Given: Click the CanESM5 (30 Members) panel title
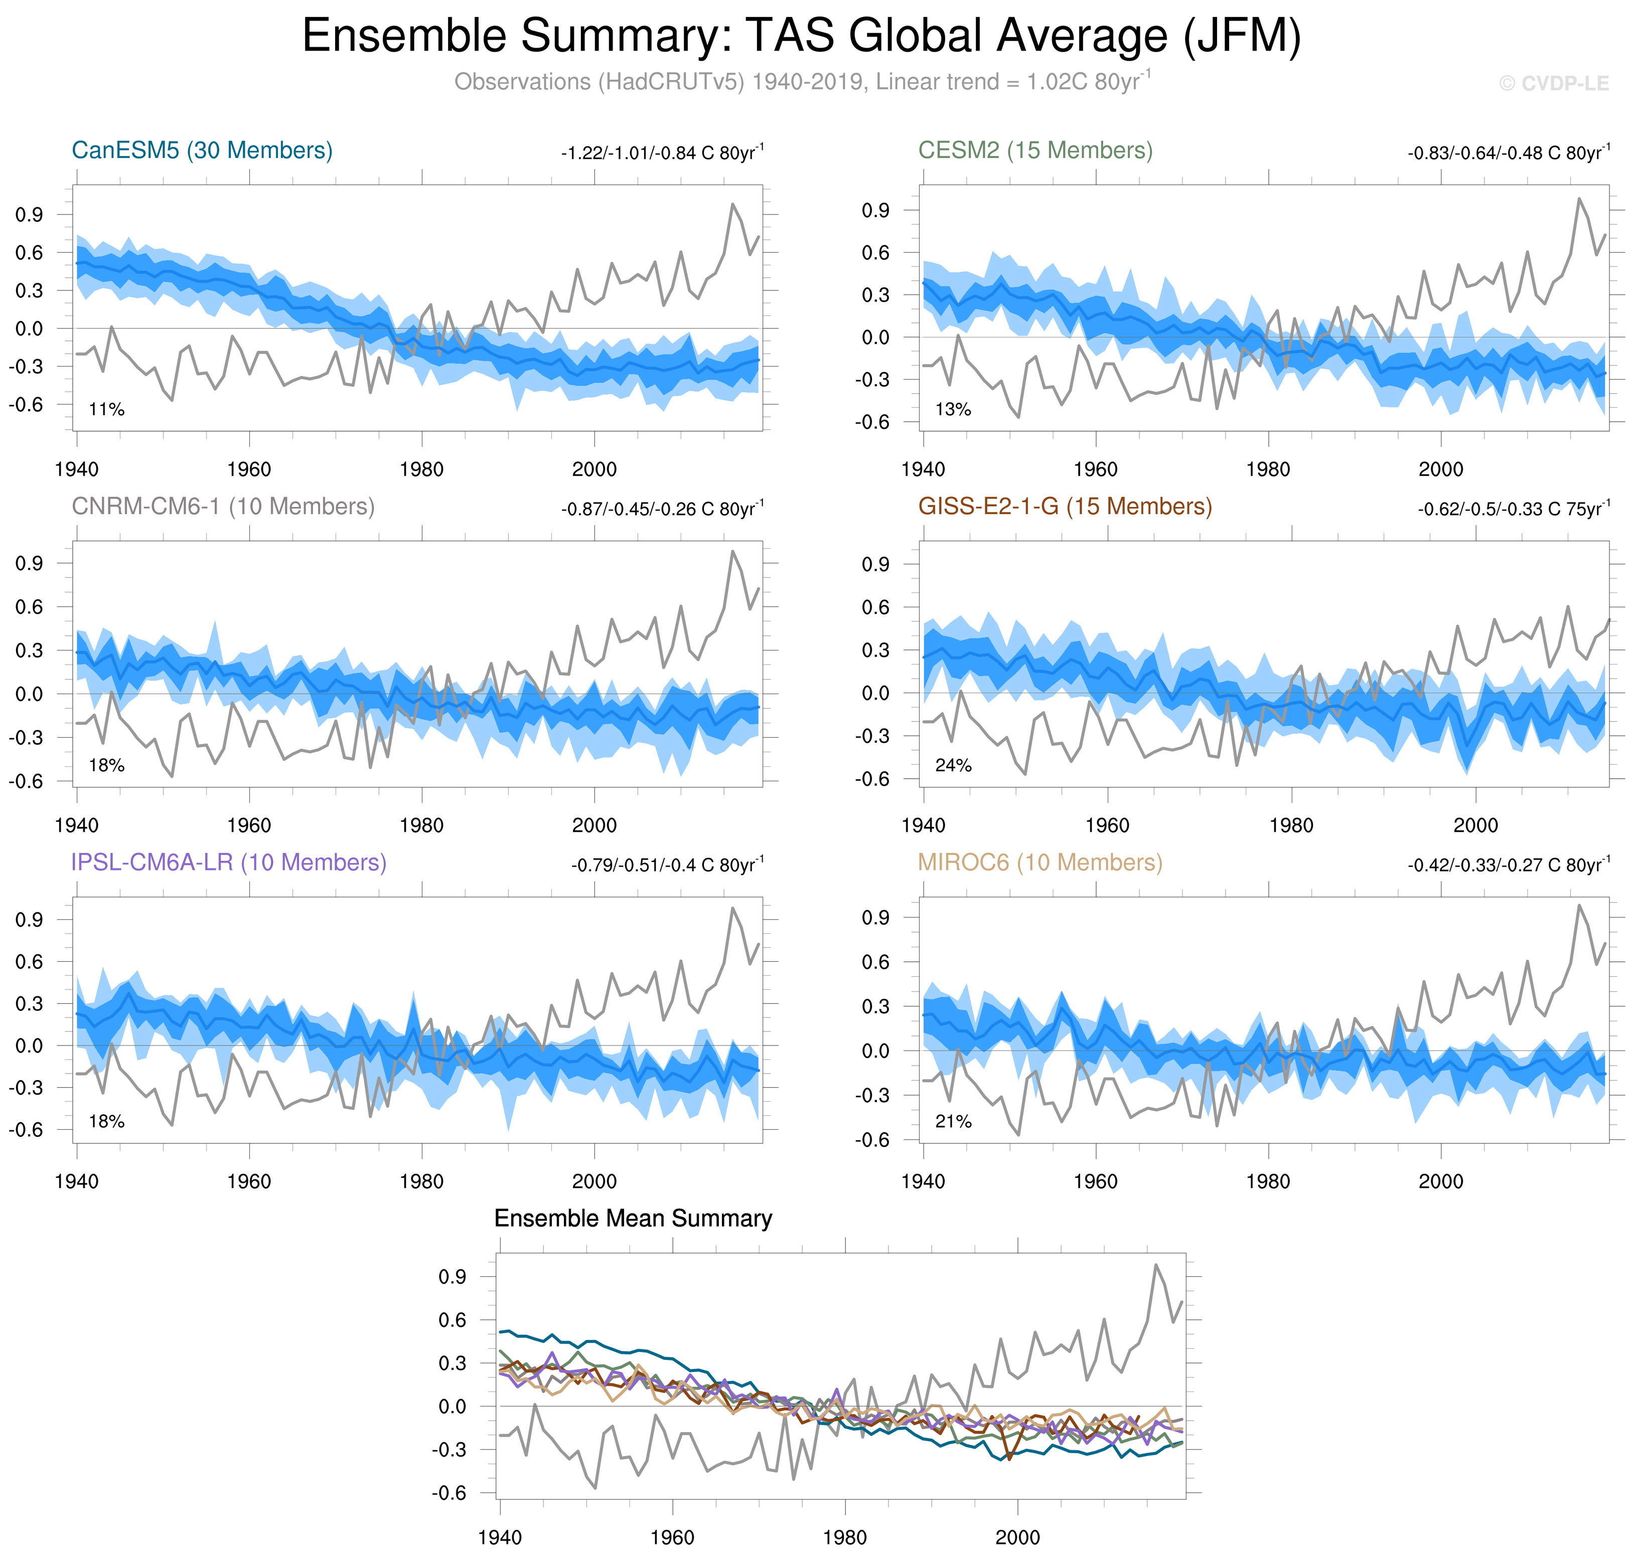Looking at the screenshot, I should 202,150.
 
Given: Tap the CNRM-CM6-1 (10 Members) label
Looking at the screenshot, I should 223,507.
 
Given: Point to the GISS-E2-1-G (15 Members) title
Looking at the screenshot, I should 1065,507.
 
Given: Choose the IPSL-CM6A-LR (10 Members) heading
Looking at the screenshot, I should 229,863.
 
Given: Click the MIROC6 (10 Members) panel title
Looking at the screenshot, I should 1039,863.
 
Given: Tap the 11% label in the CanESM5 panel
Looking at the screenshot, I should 106,409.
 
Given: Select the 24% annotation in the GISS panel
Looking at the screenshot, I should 953,766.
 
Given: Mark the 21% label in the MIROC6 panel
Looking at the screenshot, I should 953,1122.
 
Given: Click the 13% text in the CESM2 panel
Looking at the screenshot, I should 953,409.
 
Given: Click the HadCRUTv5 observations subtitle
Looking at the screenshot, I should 802,82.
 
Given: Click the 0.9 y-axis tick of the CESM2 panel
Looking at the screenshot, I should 875,211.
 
